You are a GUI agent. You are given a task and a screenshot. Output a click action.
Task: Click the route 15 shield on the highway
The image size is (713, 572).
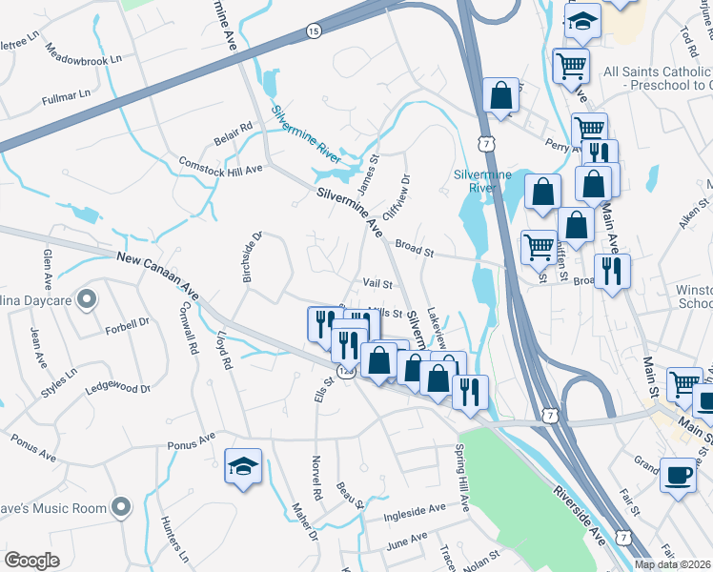tap(314, 31)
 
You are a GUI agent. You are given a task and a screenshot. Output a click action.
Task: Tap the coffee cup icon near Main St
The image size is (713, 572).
tap(678, 474)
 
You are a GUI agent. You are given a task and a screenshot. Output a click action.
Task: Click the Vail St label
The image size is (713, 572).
tap(377, 283)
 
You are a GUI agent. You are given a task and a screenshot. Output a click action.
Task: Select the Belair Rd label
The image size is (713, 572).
tap(233, 133)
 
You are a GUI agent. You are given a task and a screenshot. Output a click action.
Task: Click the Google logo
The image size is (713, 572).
tap(31, 561)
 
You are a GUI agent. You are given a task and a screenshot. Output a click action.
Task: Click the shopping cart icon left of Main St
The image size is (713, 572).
tap(682, 382)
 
